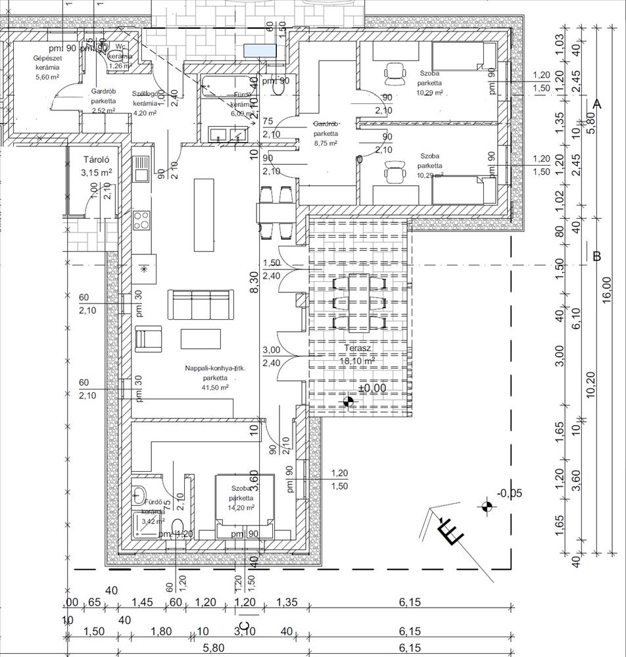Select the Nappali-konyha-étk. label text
point(215,369)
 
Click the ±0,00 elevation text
point(372,388)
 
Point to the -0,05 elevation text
point(510,493)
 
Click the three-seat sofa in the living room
point(201,304)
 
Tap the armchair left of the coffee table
point(149,339)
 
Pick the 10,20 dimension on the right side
point(590,384)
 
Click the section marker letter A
point(597,104)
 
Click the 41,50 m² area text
point(215,388)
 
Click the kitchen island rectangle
point(204,214)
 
